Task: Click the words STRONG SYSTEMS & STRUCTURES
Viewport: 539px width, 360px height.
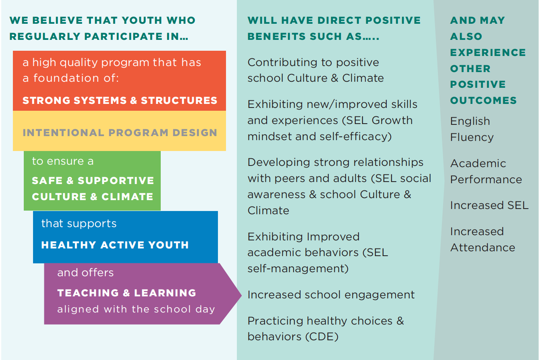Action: [x=120, y=101]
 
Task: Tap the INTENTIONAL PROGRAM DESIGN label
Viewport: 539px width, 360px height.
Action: [x=120, y=133]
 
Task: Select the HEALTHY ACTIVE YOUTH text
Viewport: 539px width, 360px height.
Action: [x=115, y=245]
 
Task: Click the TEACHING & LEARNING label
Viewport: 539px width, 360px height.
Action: [x=126, y=293]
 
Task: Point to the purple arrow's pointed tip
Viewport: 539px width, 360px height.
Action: [x=241, y=295]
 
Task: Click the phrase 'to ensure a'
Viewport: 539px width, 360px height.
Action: [x=63, y=161]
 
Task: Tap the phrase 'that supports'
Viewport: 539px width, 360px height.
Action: [x=79, y=223]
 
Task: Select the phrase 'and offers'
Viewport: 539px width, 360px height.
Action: [x=85, y=273]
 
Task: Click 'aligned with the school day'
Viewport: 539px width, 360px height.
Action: [x=136, y=309]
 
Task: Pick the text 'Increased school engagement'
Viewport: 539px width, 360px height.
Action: [x=331, y=295]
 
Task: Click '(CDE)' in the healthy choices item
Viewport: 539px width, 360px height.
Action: [x=322, y=337]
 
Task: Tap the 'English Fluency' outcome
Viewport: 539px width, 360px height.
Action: [x=472, y=129]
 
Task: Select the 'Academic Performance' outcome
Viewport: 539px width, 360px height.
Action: [x=486, y=172]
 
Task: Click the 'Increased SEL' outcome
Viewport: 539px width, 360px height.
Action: [x=489, y=205]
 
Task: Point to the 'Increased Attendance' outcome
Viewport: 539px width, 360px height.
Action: [x=483, y=240]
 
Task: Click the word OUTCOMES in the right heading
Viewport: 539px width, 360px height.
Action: [x=483, y=101]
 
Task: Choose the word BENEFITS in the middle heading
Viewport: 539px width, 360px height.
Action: [x=276, y=37]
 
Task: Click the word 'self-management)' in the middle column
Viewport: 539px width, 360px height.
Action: [x=298, y=269]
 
